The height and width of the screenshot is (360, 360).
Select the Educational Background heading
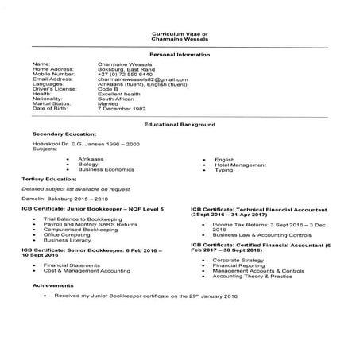180,125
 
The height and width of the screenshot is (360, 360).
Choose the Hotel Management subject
240,165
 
